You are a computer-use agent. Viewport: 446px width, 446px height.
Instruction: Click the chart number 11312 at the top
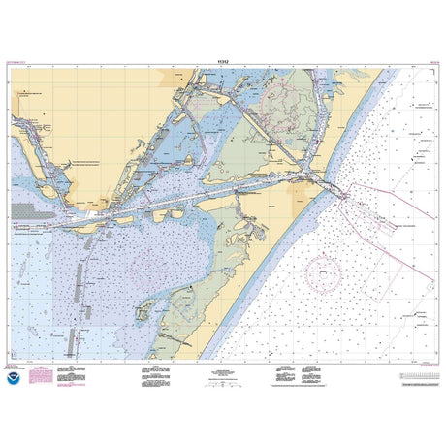click(x=222, y=62)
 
